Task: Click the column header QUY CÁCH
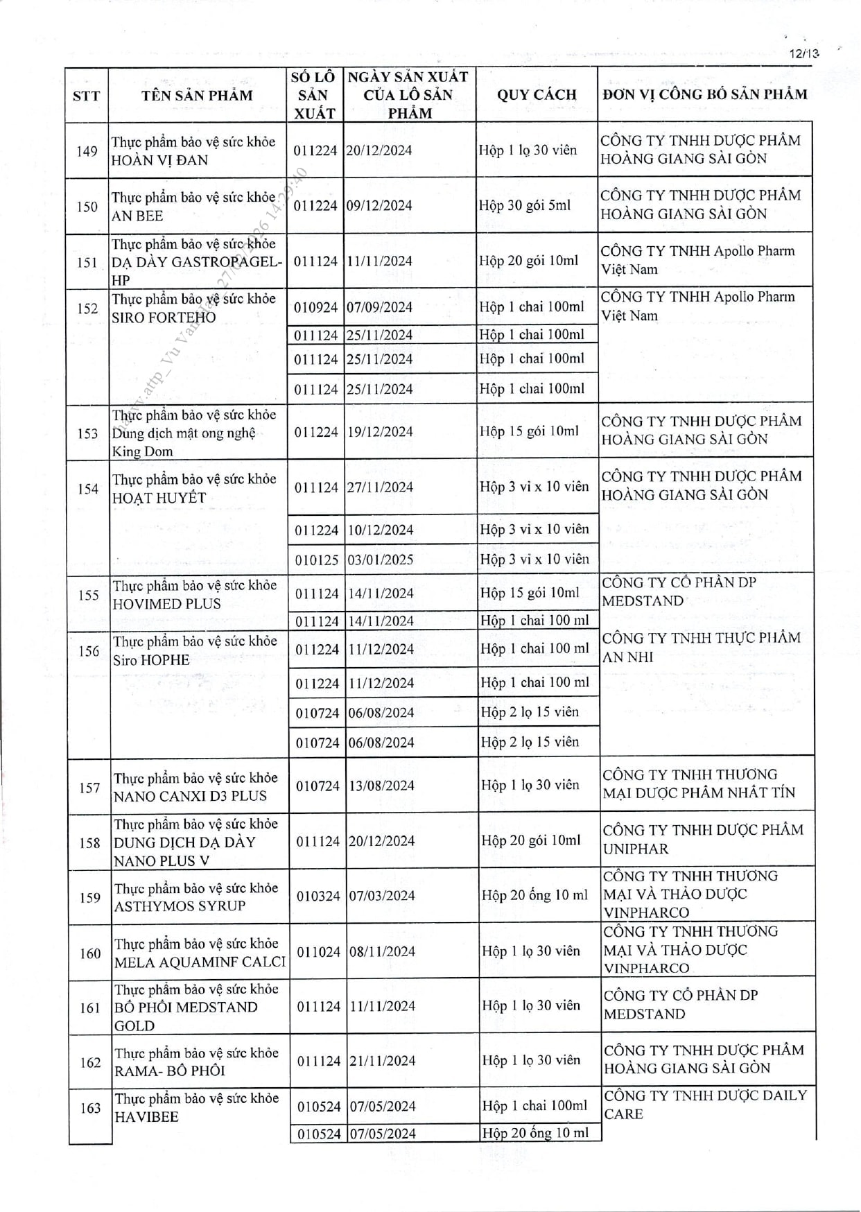(x=537, y=95)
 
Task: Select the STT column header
(x=86, y=96)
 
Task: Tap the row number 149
(x=87, y=151)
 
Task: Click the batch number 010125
(x=316, y=560)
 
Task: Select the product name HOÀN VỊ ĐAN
(x=159, y=160)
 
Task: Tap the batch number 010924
(x=315, y=307)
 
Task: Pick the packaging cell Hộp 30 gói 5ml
(x=525, y=206)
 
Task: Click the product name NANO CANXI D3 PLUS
(x=190, y=796)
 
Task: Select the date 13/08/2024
(x=381, y=786)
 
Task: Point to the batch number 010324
(x=318, y=896)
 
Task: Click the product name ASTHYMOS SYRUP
(x=180, y=906)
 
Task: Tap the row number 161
(x=90, y=1007)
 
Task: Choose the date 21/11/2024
(x=382, y=1061)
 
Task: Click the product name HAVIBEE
(x=146, y=1116)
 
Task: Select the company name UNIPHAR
(x=636, y=849)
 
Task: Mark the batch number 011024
(x=318, y=952)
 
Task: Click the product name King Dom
(x=143, y=451)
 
